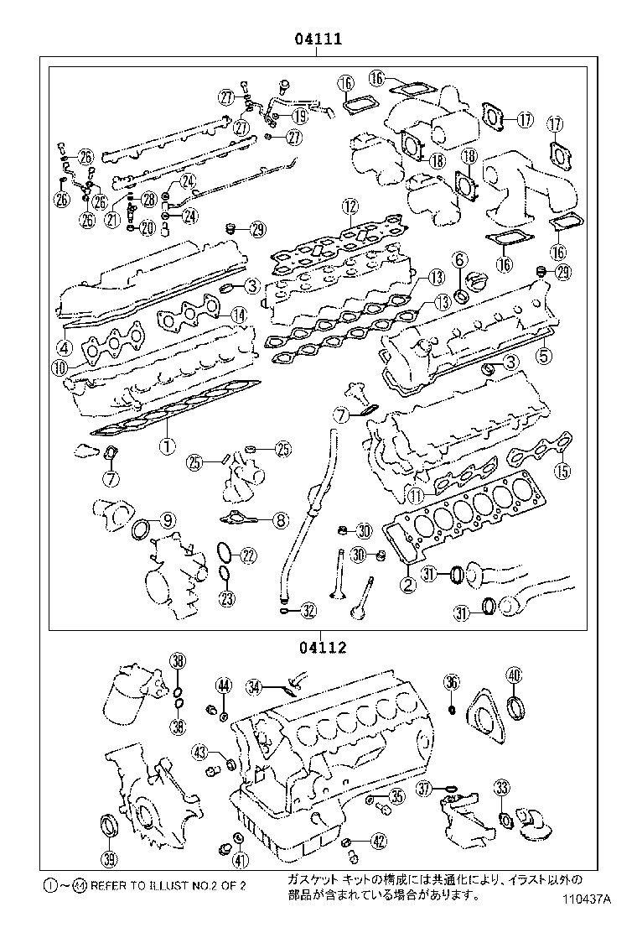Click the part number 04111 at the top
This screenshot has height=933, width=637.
(x=316, y=39)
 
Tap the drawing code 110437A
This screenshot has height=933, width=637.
(x=588, y=899)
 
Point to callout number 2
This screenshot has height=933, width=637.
(x=408, y=585)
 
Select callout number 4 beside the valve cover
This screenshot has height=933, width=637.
(x=64, y=347)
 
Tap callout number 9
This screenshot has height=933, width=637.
(x=168, y=521)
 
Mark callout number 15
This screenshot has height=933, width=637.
(x=562, y=471)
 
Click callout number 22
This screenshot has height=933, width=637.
(x=248, y=554)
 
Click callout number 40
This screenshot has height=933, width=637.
(x=514, y=674)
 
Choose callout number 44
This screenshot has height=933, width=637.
(x=223, y=685)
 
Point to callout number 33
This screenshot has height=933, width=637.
(x=502, y=787)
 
